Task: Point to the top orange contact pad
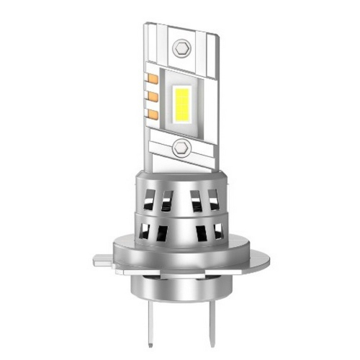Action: [x=153, y=77]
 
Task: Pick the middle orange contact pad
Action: [x=153, y=95]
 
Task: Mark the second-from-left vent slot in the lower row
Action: [x=163, y=233]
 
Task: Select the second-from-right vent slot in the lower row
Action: [x=201, y=233]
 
